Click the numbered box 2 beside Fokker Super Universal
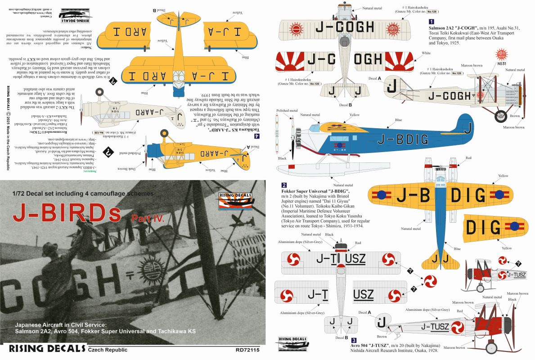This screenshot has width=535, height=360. pyautogui.click(x=284, y=185)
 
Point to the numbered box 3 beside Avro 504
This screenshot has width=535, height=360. pyautogui.click(x=354, y=341)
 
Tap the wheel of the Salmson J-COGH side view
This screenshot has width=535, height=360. pyautogui.click(x=500, y=117)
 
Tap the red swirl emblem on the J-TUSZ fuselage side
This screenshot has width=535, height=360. pyautogui.click(x=458, y=327)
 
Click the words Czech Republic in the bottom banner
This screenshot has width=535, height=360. pyautogui.click(x=108, y=350)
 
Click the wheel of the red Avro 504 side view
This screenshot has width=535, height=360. pyautogui.click(x=492, y=347)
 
